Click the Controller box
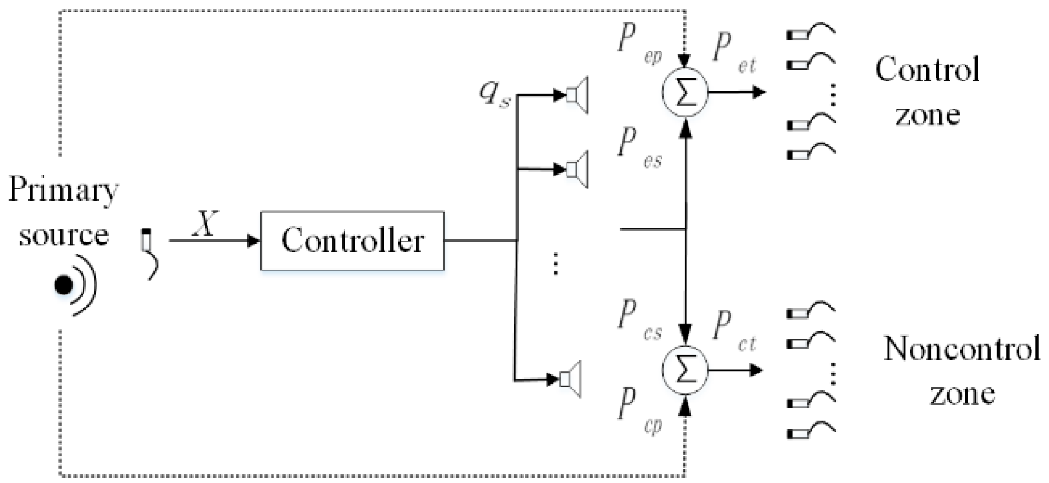pos(352,241)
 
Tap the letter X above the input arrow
pos(205,224)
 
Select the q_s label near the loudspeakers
pos(494,94)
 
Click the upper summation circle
pos(685,93)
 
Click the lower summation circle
pos(685,370)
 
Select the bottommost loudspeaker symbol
pos(570,379)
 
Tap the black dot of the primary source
pos(64,285)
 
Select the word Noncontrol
pos(961,348)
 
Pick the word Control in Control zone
pos(927,70)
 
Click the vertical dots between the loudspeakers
pos(555,263)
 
